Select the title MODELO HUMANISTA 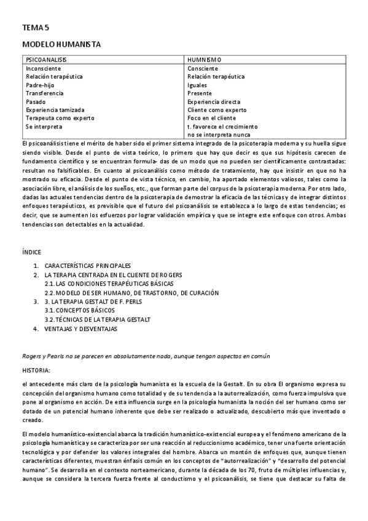tap(61, 45)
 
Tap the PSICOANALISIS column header tap(46, 60)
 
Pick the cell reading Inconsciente tap(44, 68)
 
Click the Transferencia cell tap(45, 93)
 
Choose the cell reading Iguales tap(198, 85)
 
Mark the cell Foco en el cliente tap(212, 118)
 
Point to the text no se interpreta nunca tap(219, 135)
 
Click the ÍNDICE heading tap(32, 252)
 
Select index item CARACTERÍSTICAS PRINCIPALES tap(88, 265)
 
